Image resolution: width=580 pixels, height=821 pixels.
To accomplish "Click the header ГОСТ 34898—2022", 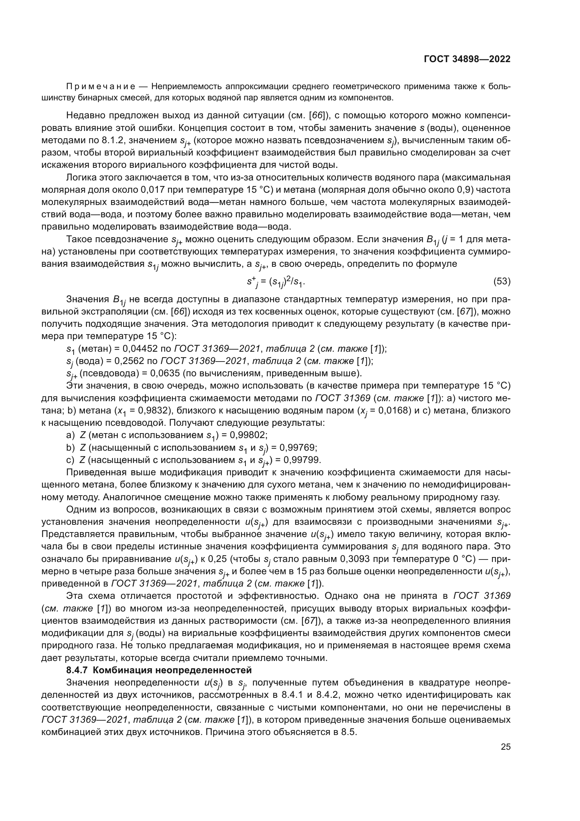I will point(467,59).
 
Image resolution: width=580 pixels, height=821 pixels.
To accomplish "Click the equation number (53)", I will point(502,281).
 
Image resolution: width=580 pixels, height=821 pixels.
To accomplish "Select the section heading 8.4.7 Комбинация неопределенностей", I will point(159,670).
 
